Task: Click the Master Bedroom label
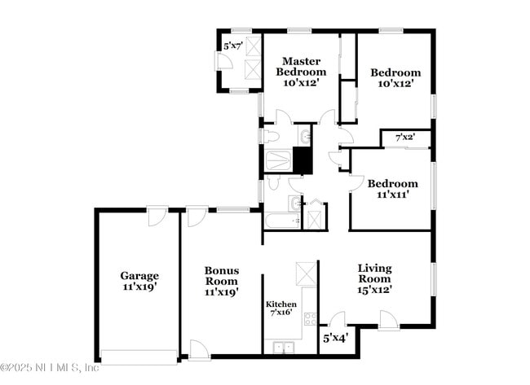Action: coord(300,72)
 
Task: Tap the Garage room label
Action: coord(139,281)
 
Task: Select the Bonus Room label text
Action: coord(221,281)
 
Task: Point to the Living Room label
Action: coord(374,278)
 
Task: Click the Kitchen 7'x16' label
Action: coord(282,308)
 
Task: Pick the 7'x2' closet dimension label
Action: coord(404,138)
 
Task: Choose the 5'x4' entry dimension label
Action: coord(335,337)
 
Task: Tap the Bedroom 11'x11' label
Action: coord(391,189)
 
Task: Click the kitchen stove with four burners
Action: coord(310,318)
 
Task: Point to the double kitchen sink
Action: coord(282,348)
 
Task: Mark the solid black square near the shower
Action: coord(303,160)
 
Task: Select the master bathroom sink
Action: coord(304,135)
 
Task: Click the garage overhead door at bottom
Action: coord(138,356)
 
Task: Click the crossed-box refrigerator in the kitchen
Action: coord(306,273)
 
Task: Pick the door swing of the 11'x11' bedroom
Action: coord(356,181)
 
